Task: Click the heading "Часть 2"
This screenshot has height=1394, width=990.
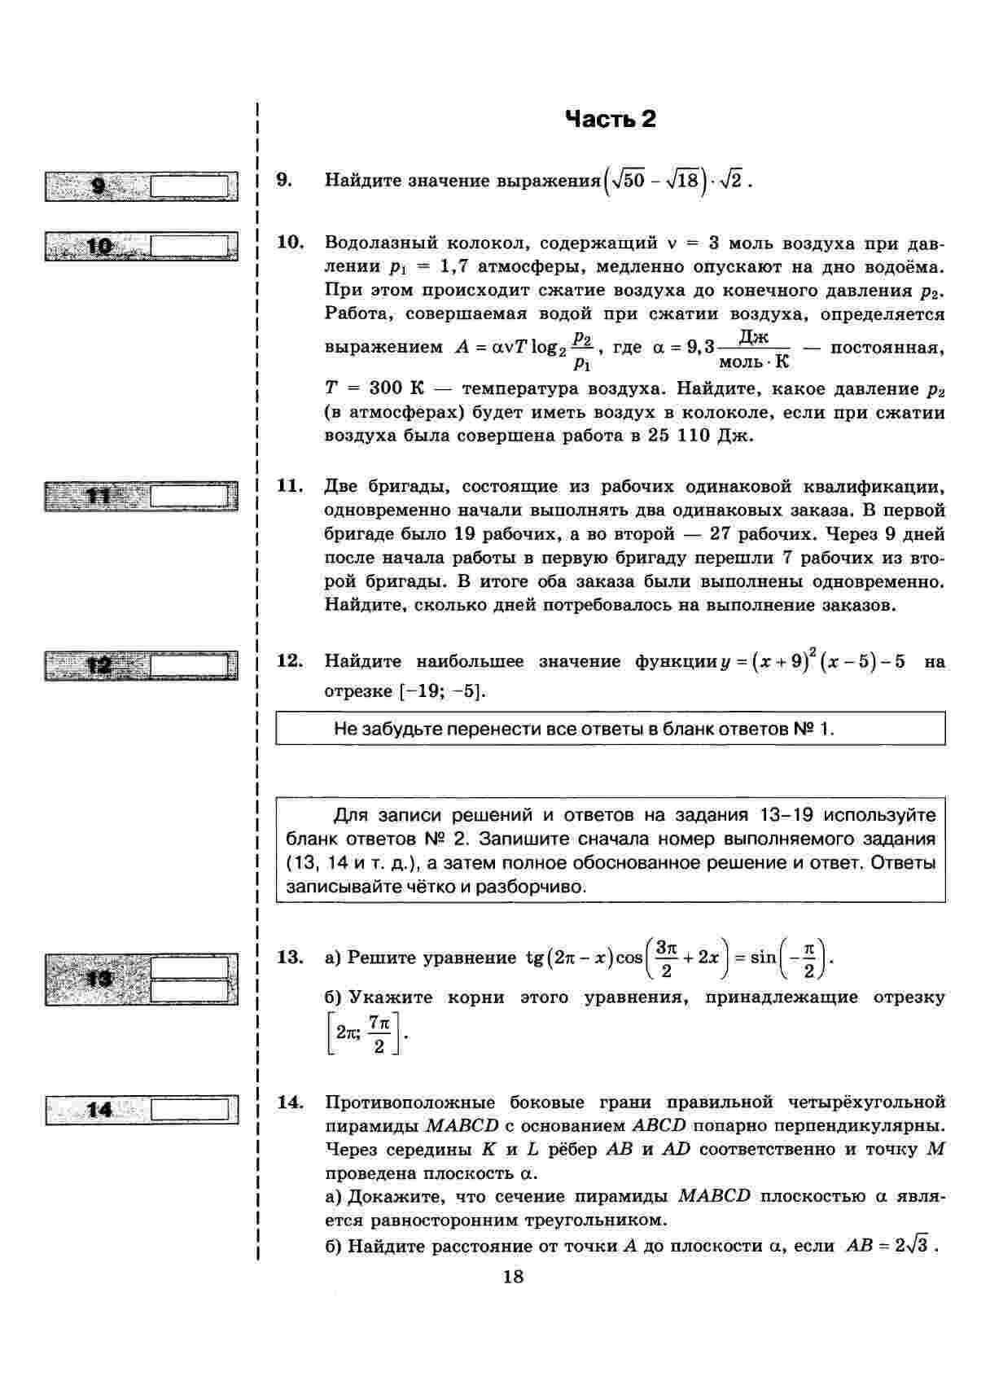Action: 610,120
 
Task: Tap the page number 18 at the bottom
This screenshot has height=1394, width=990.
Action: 513,1276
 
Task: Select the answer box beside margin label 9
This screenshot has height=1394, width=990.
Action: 189,186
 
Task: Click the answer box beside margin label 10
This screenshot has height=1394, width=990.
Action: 189,246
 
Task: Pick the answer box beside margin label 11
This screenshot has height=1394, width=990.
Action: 189,496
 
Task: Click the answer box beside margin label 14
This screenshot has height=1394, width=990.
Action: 189,1109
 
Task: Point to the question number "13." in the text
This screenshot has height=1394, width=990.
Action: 290,957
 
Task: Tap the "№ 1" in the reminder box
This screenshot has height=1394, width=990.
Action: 812,729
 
